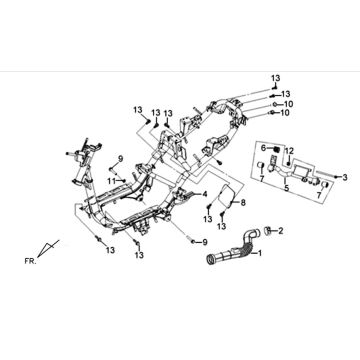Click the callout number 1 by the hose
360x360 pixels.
[259, 253]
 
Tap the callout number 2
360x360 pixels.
[281, 230]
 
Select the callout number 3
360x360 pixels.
[345, 177]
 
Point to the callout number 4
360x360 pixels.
[205, 194]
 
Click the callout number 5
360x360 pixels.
[287, 189]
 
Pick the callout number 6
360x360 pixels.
[263, 148]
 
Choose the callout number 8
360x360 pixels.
[243, 202]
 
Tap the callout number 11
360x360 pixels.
[112, 181]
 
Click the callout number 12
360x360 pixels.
[289, 150]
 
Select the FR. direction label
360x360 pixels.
[30, 261]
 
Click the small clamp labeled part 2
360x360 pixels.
[268, 231]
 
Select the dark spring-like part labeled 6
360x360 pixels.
[275, 148]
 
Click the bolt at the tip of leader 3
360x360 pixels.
[337, 178]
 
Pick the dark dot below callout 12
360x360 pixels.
[289, 161]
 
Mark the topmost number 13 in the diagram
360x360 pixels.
[276, 79]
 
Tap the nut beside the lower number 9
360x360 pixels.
[193, 241]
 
